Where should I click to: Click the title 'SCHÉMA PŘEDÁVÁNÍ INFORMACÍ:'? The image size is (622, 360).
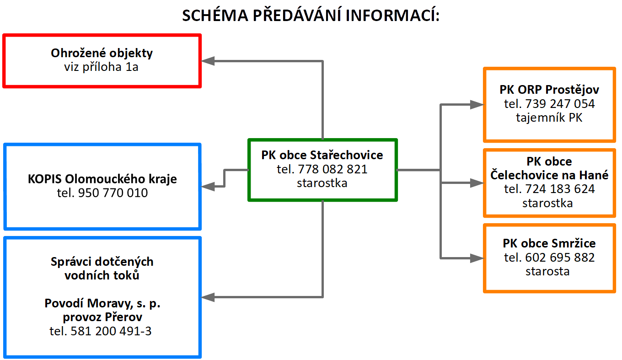coord(311,16)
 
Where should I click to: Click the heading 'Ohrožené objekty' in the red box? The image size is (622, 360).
coord(102,53)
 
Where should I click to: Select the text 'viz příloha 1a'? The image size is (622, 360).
coord(102,67)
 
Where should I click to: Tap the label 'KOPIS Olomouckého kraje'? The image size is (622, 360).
coord(102,179)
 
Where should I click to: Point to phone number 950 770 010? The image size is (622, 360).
coord(102,193)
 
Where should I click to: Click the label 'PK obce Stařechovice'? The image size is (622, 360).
coord(322,155)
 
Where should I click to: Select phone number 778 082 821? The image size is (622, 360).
coord(322,169)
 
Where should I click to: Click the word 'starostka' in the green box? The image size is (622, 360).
coord(322,183)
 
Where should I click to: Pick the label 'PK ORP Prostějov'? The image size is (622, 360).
coord(549,90)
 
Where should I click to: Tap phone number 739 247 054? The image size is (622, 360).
coord(549,104)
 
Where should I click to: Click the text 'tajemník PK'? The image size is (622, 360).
coord(549,118)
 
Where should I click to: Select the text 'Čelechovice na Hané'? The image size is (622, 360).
coord(549,175)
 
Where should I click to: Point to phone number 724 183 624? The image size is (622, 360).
coord(549,189)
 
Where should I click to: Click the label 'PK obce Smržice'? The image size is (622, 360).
coord(549,243)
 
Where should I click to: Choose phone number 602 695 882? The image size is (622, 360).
coord(549,258)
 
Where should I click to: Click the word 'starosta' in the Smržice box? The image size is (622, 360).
coord(547,271)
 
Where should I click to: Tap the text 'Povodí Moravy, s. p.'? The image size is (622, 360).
coord(102,303)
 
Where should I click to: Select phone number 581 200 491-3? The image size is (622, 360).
coord(100,331)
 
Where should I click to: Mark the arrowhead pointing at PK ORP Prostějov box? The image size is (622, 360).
coord(477,105)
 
